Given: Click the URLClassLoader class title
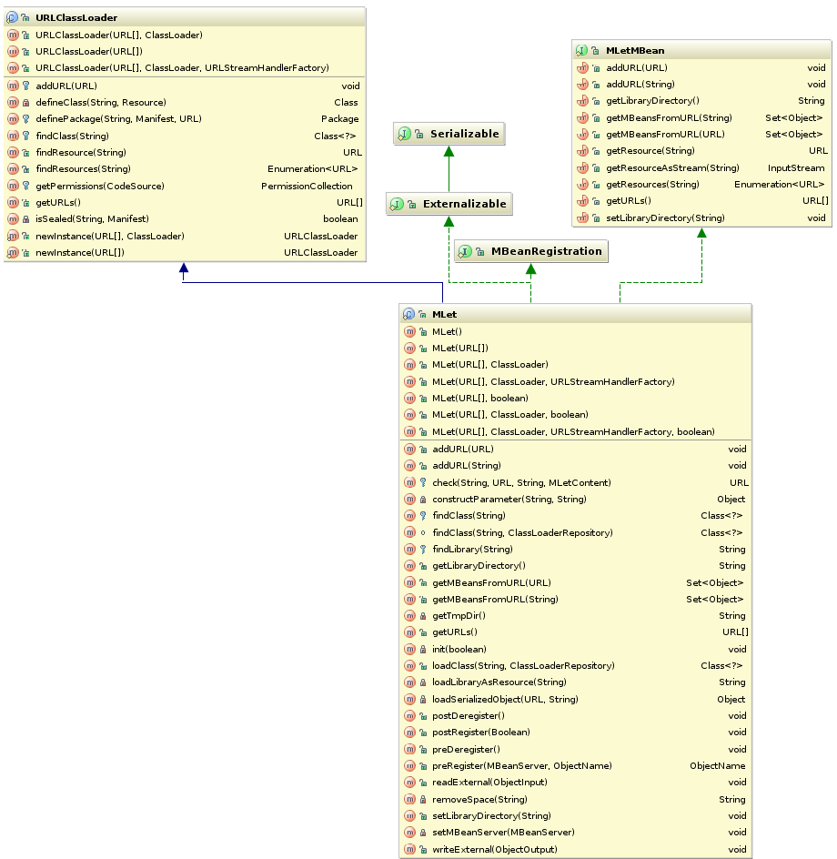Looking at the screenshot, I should [x=76, y=17].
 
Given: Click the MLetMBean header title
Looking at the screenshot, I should [x=634, y=50].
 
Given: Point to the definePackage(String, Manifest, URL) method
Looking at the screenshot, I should [x=118, y=118].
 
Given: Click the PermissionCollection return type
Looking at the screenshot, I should [x=307, y=186].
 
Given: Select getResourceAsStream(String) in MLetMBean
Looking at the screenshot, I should [x=672, y=167].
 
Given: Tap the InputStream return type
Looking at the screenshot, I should [x=796, y=167].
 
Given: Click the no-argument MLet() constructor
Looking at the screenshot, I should [x=447, y=331].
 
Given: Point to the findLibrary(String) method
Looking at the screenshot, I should [x=472, y=549].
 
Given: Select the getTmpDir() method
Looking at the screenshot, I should [x=459, y=616].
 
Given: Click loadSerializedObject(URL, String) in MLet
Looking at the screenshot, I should [x=504, y=699].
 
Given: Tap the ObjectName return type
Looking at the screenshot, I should [x=717, y=766].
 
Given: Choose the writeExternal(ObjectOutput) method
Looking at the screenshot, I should [x=494, y=849].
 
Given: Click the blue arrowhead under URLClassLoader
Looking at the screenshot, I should [x=183, y=268].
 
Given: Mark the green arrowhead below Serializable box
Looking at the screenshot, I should [x=449, y=151].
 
